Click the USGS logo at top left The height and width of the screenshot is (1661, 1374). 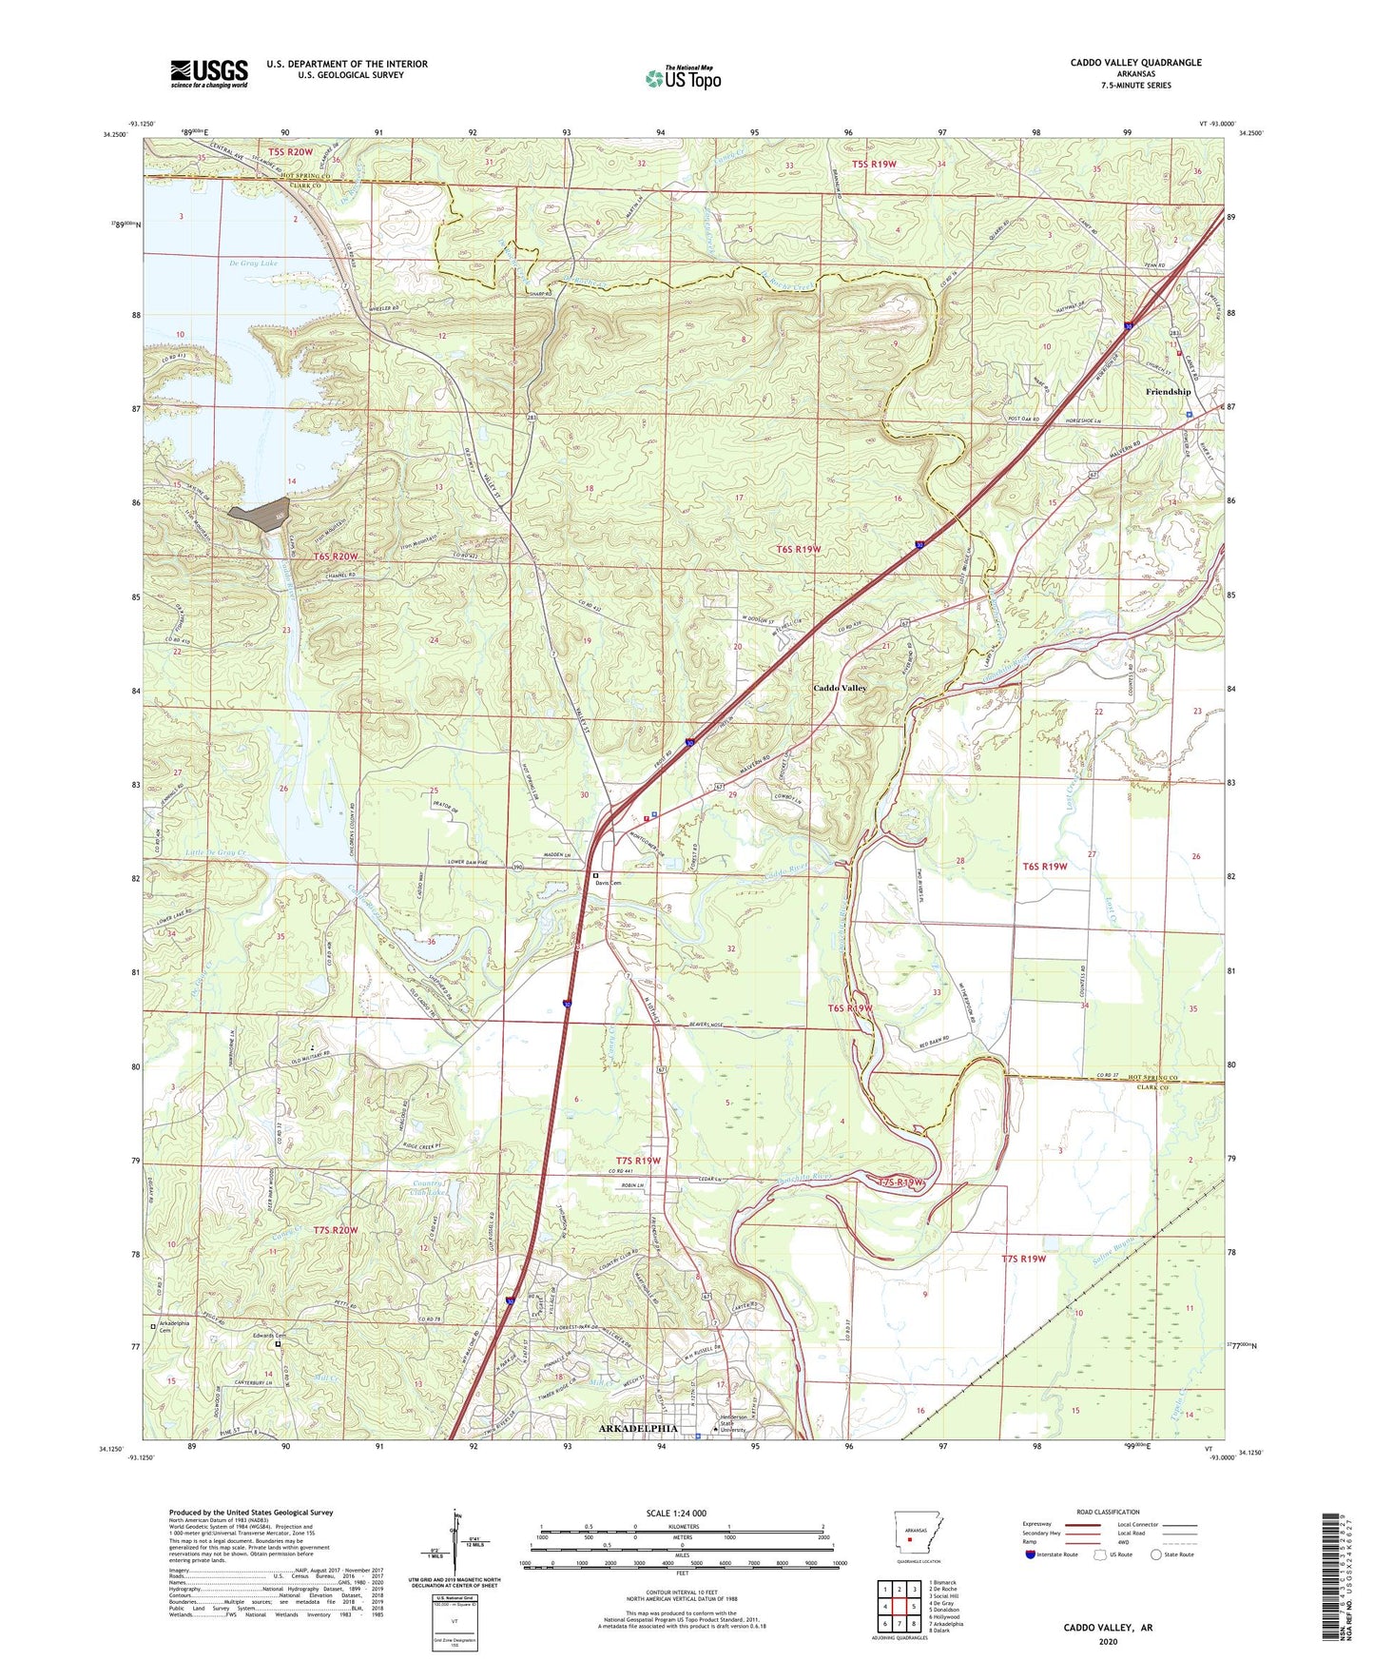pyautogui.click(x=208, y=72)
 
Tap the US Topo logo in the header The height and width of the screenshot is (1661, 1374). pyautogui.click(x=683, y=78)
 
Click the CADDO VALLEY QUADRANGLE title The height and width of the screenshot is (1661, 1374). pyautogui.click(x=1135, y=63)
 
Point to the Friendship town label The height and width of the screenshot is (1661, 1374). pyautogui.click(x=1168, y=392)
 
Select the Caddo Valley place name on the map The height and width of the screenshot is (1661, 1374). pyautogui.click(x=840, y=688)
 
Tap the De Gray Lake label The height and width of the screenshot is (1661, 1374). pyautogui.click(x=253, y=263)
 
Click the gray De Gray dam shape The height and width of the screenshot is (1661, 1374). pyautogui.click(x=260, y=512)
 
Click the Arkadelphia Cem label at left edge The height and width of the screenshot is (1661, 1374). pyautogui.click(x=173, y=1328)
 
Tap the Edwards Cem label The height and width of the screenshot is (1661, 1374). pyautogui.click(x=269, y=1336)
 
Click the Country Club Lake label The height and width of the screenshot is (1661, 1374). pyautogui.click(x=429, y=1188)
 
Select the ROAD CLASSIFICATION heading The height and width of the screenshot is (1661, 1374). pyautogui.click(x=1108, y=1512)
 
